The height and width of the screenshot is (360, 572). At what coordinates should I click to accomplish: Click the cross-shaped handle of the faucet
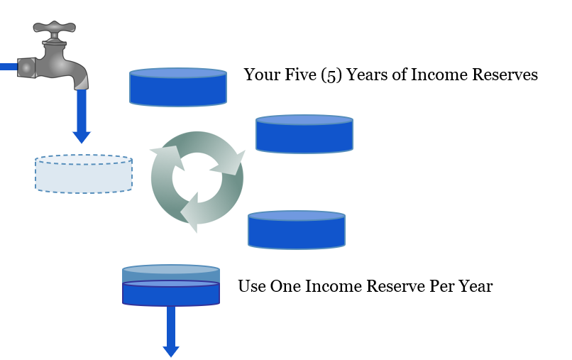coord(55,28)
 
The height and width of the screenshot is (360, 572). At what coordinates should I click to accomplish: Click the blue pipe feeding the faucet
coord(9,67)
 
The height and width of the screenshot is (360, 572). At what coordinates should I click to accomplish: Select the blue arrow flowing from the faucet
coord(82,116)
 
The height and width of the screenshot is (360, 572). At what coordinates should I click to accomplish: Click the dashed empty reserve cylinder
coord(84,174)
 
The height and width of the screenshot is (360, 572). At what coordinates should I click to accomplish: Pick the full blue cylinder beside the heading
coord(178,87)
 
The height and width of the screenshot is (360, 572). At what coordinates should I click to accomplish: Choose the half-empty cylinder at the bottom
coord(171,285)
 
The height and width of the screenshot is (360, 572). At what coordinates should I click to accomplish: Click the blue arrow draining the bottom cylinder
coord(171,332)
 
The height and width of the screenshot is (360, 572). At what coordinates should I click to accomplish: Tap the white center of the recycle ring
coord(197,178)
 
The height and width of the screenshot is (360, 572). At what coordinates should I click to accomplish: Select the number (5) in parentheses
coord(331,75)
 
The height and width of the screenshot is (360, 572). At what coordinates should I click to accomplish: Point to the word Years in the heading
coord(367,75)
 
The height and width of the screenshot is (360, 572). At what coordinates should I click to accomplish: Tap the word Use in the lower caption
coord(252,286)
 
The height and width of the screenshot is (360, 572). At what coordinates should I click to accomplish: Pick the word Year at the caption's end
coord(475,286)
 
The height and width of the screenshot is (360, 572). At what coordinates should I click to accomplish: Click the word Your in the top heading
coord(262,75)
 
